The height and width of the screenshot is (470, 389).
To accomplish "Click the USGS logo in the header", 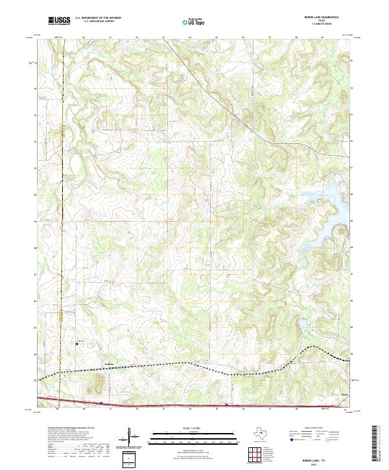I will click(59, 21).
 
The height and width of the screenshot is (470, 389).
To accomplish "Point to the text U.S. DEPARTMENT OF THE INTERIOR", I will click(98, 18).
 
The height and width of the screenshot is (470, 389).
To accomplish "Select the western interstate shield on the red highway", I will click(102, 403).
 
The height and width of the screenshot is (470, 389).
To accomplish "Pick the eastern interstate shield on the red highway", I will click(226, 405).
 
